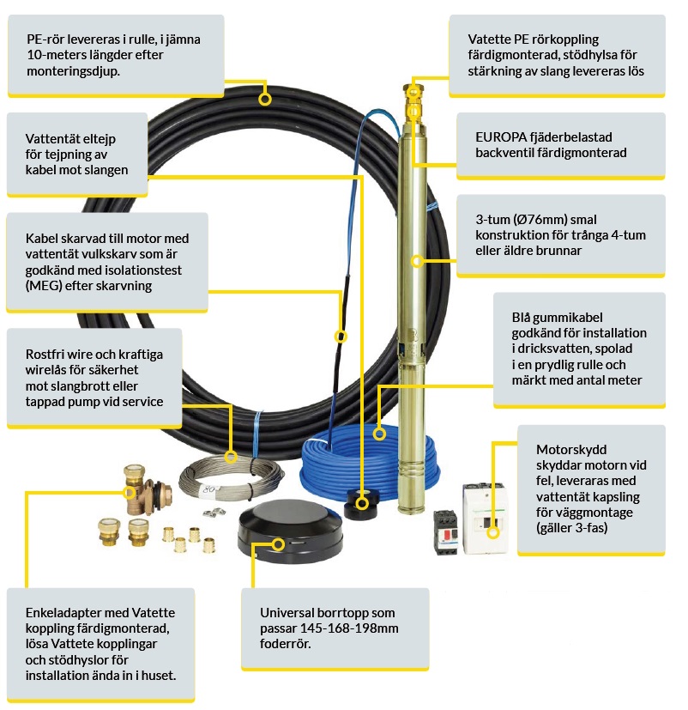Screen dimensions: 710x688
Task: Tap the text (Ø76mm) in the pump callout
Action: click(x=542, y=219)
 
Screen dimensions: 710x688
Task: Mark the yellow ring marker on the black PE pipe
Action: click(x=265, y=99)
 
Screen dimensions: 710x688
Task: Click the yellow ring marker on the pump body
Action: click(x=418, y=259)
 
